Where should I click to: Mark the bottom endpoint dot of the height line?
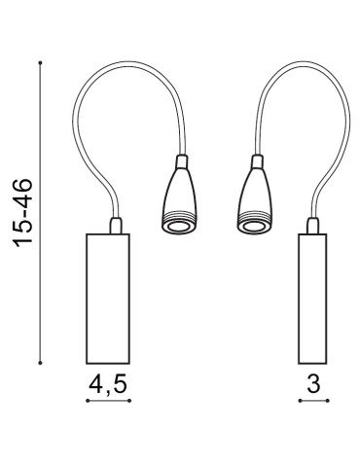pos(40,361)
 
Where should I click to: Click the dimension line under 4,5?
pos(107,401)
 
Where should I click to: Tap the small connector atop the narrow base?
pos(312,228)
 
